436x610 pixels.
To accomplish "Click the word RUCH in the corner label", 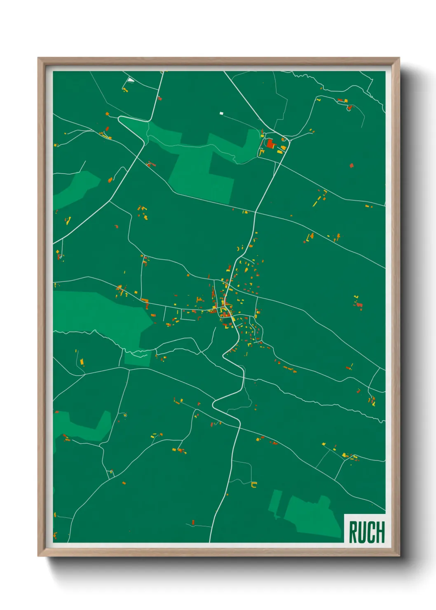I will [x=367, y=532].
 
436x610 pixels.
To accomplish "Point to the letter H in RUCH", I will [x=380, y=532].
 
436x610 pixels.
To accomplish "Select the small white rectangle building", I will [x=221, y=113].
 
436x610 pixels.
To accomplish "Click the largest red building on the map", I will [x=270, y=144].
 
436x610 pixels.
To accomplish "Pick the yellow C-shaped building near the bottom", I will [x=254, y=485].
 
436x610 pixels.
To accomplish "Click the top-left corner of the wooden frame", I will [x=38, y=59].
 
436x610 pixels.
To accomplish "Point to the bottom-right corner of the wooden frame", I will [x=399, y=556].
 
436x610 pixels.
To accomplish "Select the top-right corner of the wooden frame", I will [x=399, y=59].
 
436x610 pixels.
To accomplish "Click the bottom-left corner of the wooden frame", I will [x=38, y=556].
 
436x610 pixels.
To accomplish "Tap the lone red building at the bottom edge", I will [x=193, y=523].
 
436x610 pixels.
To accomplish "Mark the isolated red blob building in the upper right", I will [x=352, y=166].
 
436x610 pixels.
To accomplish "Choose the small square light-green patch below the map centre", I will [x=138, y=358].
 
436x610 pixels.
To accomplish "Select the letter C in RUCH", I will [x=371, y=532].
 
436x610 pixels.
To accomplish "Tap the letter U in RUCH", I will [x=362, y=532].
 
